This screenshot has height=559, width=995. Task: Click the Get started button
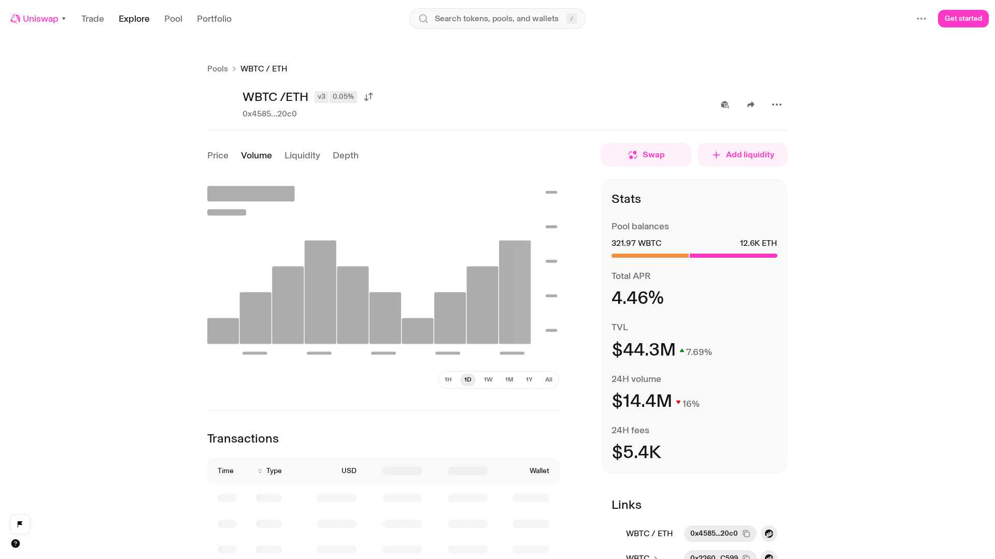[963, 19]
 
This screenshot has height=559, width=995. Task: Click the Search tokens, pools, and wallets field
[497, 19]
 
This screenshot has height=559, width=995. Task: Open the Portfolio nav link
[214, 19]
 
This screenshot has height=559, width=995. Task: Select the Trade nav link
[93, 19]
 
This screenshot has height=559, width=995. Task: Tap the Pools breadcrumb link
[218, 69]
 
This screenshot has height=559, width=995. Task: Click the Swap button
[646, 155]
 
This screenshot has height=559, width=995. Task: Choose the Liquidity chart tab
[302, 155]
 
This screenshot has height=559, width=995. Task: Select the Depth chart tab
[346, 155]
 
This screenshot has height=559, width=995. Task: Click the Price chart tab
[218, 155]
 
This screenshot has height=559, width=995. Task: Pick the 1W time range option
[488, 380]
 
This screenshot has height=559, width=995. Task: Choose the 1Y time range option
[529, 380]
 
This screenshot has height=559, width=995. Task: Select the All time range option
[549, 380]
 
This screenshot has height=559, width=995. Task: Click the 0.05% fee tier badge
[343, 97]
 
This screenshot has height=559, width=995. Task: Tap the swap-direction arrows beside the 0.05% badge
[368, 97]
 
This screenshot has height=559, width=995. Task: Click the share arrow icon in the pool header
[751, 105]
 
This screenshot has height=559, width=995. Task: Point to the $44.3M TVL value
[644, 350]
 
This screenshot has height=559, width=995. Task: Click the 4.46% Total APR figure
[637, 298]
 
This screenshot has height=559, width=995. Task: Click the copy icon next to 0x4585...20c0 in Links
[746, 534]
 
